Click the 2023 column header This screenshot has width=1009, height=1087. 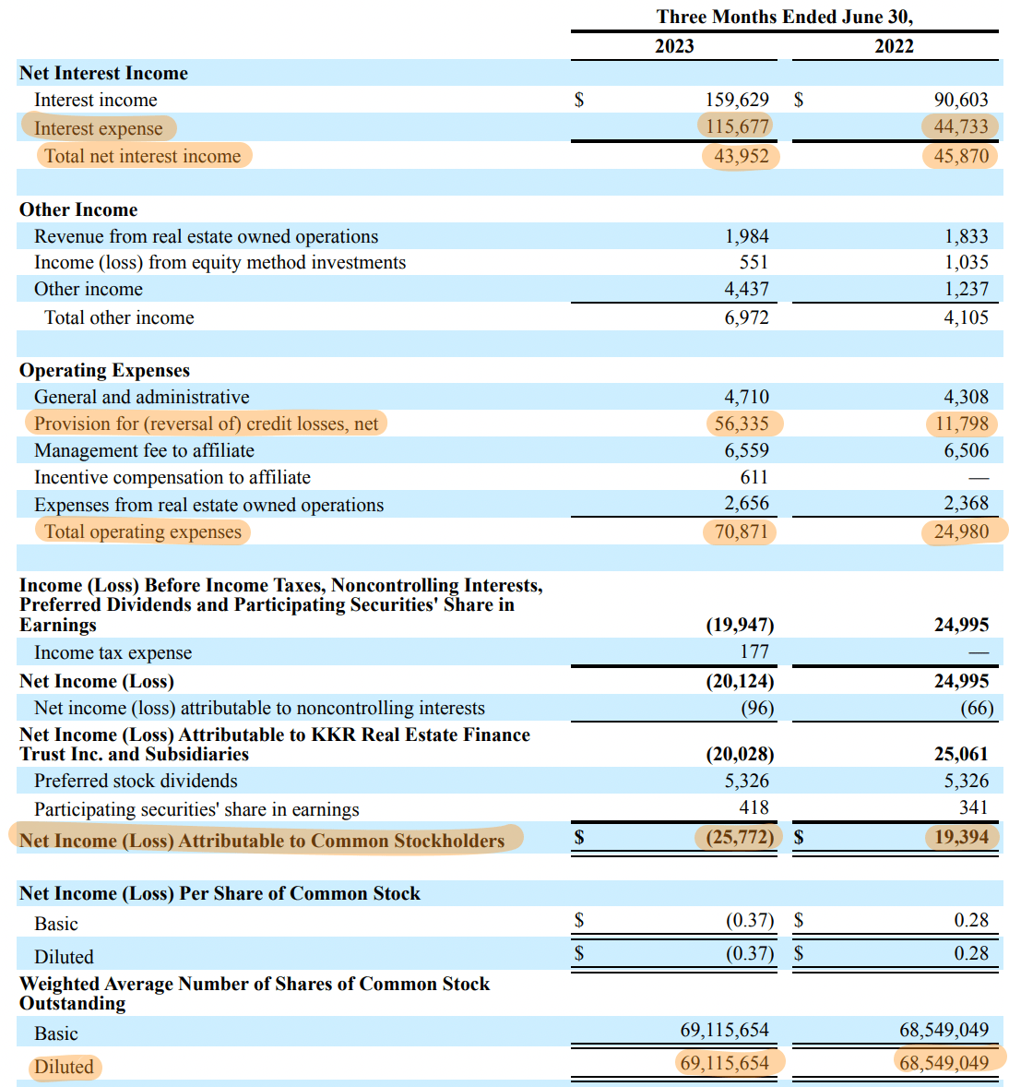674,46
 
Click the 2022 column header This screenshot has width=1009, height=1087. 894,46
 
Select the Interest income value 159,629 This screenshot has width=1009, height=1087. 736,100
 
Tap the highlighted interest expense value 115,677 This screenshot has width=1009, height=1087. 737,126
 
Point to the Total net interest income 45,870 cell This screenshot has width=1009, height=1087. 960,156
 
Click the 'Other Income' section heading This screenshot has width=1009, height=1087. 78,209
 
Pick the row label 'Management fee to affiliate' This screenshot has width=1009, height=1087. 144,450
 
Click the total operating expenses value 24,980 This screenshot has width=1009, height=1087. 960,532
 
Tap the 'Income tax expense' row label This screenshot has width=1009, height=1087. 113,652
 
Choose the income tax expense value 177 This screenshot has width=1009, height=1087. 754,651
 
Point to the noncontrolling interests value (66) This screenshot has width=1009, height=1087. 977,708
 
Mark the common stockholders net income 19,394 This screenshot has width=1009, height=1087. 960,837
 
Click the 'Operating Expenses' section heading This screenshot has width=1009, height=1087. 104,370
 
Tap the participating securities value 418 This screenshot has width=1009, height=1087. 754,807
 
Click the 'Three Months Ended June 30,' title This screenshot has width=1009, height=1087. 784,17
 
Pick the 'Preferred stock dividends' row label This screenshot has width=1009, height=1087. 136,781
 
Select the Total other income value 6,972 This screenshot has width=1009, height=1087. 746,317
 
